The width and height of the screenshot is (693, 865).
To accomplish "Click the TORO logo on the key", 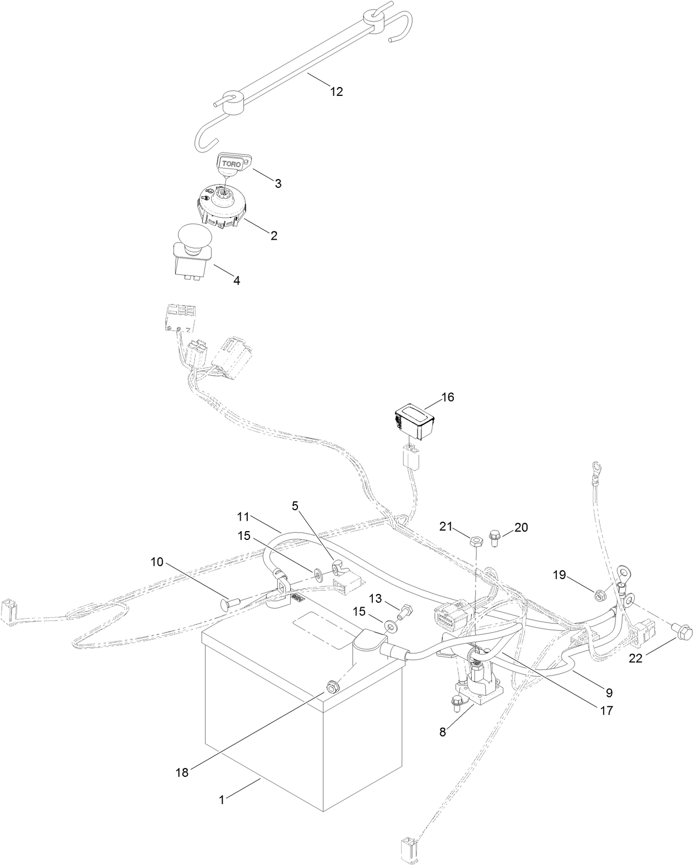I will click(x=231, y=164).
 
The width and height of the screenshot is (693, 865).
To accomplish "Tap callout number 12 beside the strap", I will click(x=336, y=92).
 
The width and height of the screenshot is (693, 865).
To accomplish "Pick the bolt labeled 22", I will click(x=684, y=632).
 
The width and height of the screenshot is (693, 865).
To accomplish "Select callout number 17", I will click(x=606, y=711).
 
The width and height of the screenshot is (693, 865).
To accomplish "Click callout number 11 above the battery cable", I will click(x=243, y=517).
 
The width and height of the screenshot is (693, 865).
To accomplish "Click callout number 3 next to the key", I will click(x=278, y=184).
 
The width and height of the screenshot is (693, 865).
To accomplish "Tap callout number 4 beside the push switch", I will click(x=236, y=280).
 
